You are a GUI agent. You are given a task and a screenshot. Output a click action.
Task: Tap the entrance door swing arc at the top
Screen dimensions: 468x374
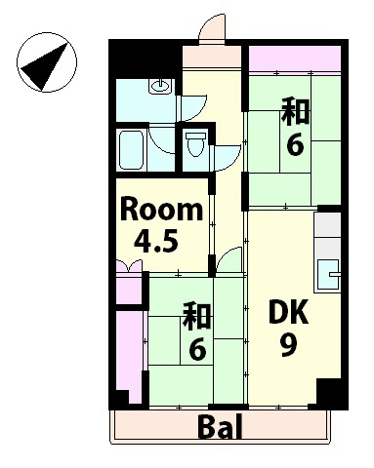[x=210, y=31]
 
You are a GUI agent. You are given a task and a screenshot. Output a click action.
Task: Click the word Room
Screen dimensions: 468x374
[x=162, y=210]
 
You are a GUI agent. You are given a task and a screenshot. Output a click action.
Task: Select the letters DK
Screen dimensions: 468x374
[x=289, y=314]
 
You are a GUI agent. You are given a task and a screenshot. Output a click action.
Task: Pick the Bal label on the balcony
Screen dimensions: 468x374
[x=221, y=426]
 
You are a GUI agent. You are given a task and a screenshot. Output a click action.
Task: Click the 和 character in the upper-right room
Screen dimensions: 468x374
[x=296, y=110]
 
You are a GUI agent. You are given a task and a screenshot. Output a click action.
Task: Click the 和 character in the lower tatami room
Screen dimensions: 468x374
[x=198, y=316]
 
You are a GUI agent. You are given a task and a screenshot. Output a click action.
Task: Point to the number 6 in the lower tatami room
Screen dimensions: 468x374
[x=197, y=348]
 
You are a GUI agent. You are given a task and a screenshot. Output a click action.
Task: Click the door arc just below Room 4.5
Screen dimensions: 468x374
[x=229, y=259]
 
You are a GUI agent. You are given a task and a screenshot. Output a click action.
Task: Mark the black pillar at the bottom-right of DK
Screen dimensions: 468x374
[x=333, y=395]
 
